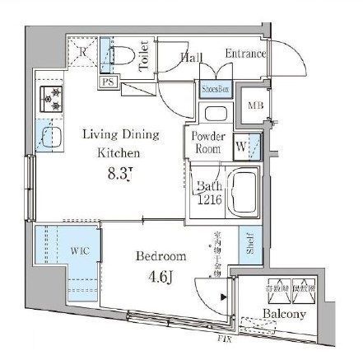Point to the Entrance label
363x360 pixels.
pos(244,54)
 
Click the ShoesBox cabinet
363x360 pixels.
pos(212,88)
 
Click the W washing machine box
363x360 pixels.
pos(244,146)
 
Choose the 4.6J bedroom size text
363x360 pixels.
pos(159,276)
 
